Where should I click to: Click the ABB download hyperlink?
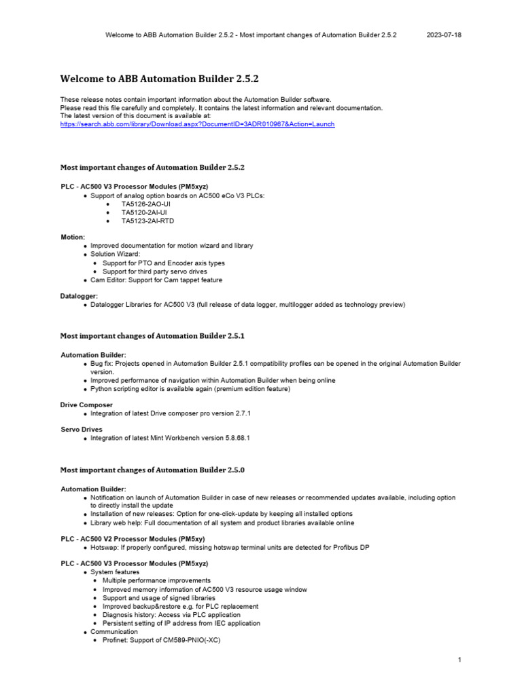tap(197, 125)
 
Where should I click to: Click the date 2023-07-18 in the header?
tap(444, 35)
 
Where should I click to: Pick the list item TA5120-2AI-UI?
tap(144, 212)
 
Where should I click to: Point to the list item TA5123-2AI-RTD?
tap(147, 221)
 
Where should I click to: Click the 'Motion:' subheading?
tap(73, 237)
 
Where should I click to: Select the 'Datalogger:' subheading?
tap(80, 296)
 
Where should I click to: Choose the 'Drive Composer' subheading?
tap(87, 405)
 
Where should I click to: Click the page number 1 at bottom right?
tap(460, 660)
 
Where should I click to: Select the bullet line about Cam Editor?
tap(156, 280)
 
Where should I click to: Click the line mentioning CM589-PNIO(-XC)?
tap(162, 640)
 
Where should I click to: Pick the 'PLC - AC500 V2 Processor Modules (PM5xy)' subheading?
tap(132, 538)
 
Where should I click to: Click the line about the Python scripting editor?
tap(190, 389)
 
